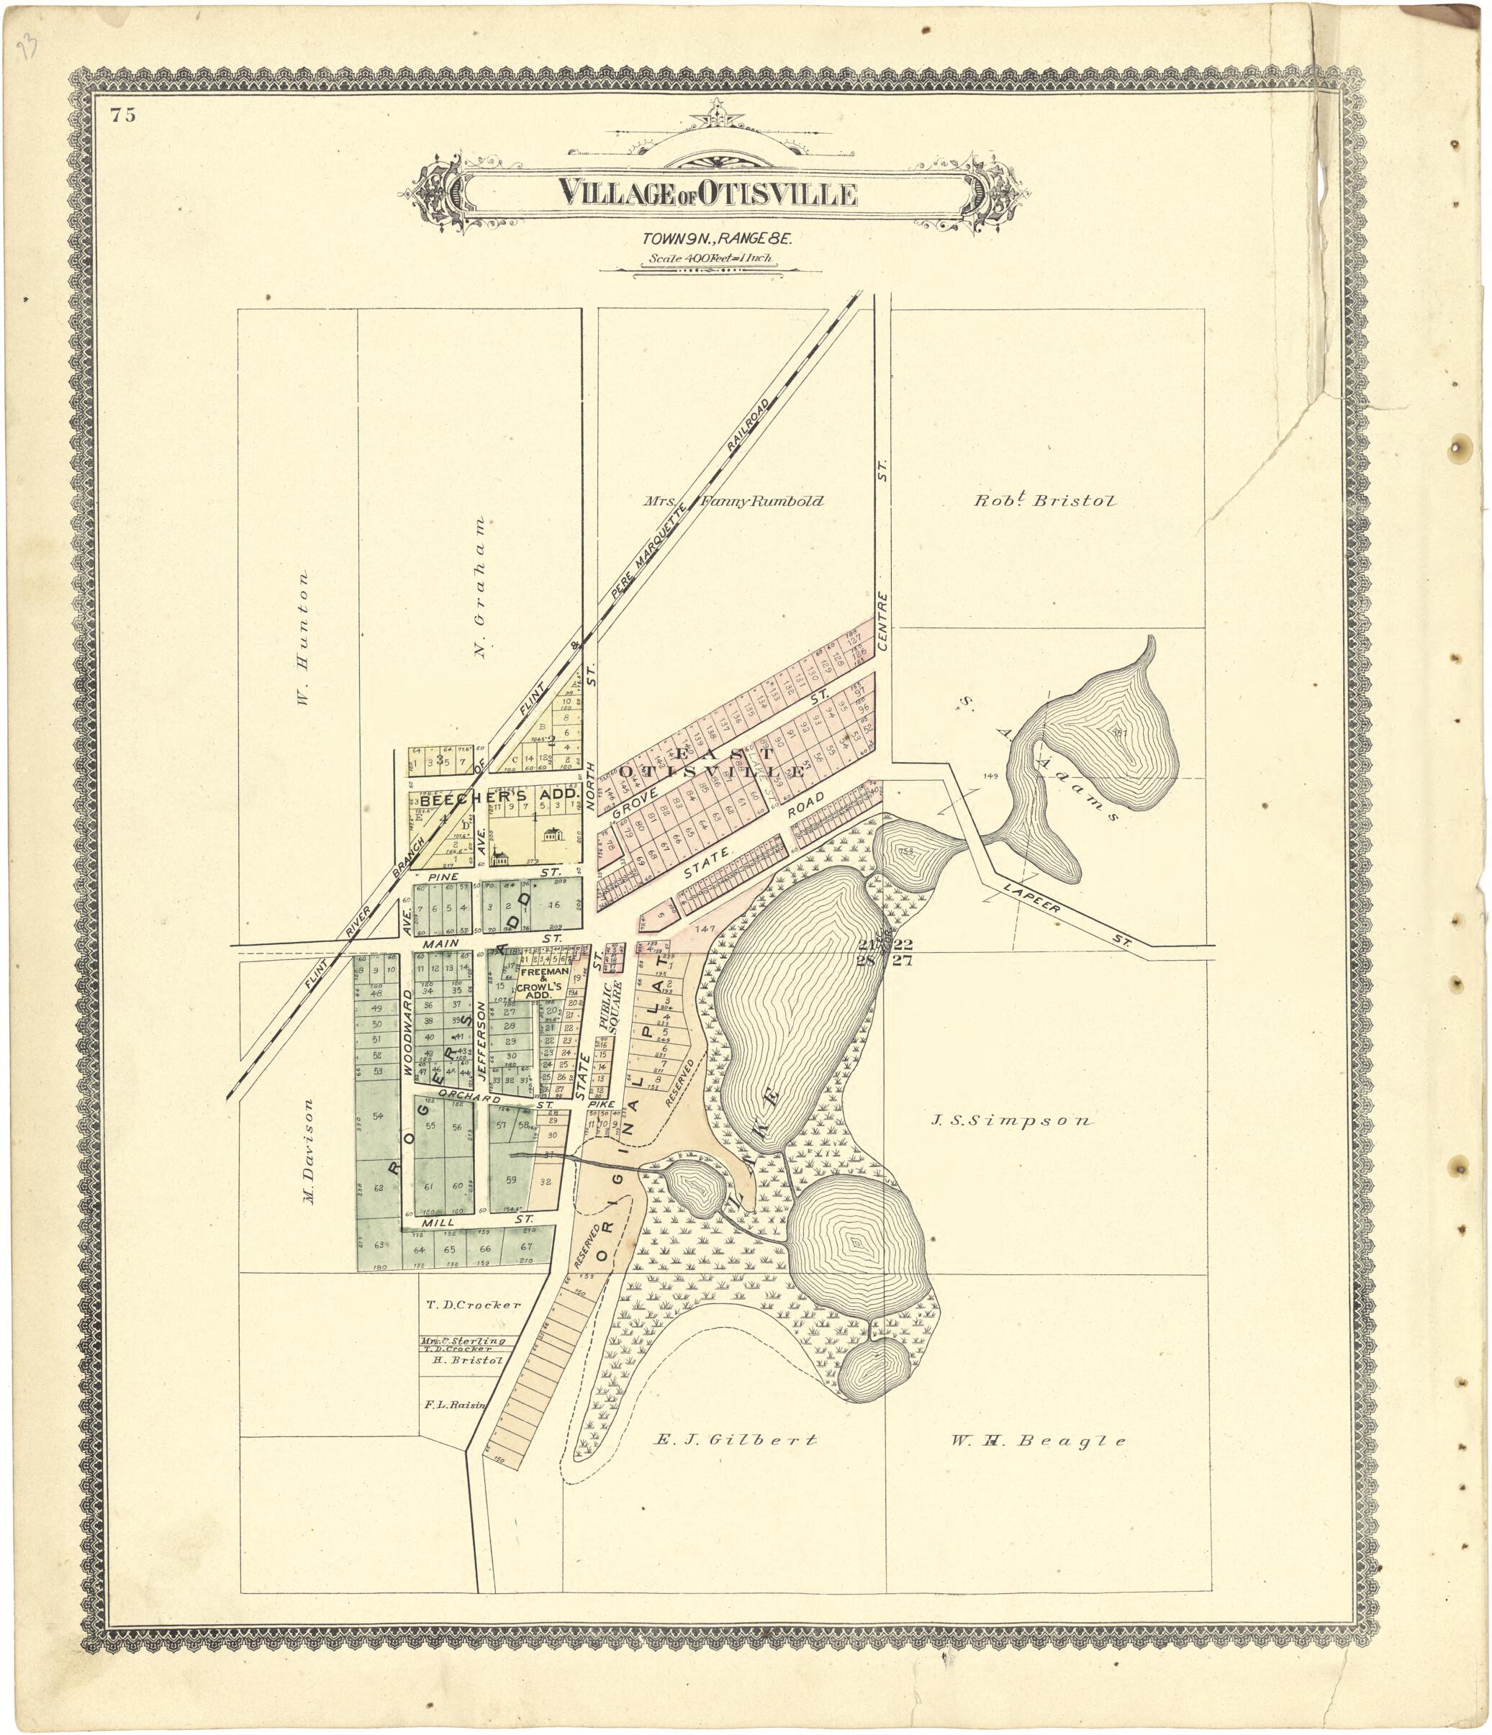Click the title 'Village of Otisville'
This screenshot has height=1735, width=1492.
(x=707, y=194)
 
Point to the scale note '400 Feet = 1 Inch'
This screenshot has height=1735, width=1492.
(x=710, y=260)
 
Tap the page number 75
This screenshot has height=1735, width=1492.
(x=122, y=117)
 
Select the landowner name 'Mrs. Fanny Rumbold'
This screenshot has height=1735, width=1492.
(x=733, y=502)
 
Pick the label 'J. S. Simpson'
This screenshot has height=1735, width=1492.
(x=1011, y=1120)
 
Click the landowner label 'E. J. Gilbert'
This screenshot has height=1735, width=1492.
(x=734, y=1440)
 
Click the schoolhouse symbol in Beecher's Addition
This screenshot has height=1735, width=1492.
(x=553, y=834)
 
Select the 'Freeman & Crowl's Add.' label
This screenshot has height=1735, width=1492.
(x=545, y=984)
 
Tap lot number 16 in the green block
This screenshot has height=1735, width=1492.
(x=553, y=905)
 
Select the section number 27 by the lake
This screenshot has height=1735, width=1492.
(x=903, y=961)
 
